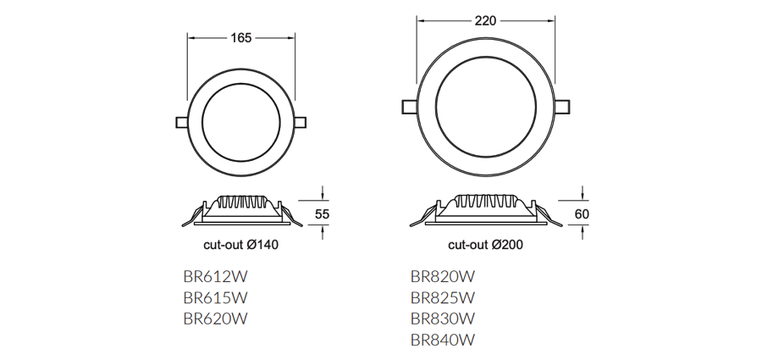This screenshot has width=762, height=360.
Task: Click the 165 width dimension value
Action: click(x=241, y=38)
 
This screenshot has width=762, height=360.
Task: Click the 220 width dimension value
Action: click(x=485, y=21)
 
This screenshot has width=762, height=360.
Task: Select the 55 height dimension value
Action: click(x=322, y=214)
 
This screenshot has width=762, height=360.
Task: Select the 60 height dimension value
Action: click(x=582, y=214)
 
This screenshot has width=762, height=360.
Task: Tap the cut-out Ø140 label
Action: click(x=241, y=246)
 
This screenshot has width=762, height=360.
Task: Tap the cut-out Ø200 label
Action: click(x=485, y=246)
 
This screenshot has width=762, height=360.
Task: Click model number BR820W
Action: click(x=442, y=276)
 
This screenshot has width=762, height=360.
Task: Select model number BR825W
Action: click(x=442, y=297)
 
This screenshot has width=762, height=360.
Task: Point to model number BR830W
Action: click(x=442, y=318)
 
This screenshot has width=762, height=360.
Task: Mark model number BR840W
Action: click(x=442, y=340)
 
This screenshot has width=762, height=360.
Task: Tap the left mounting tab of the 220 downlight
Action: click(x=408, y=107)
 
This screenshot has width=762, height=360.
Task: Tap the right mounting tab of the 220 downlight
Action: click(x=562, y=107)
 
